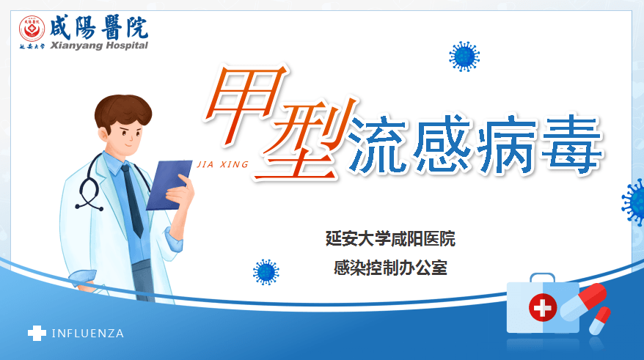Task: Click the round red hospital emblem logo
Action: click(32, 29)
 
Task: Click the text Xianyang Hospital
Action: click(99, 45)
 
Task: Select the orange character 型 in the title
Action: click(304, 139)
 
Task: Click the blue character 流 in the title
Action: click(378, 145)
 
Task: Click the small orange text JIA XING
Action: click(223, 165)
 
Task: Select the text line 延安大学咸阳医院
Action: click(390, 238)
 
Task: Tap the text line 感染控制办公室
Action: click(390, 268)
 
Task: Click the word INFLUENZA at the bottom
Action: click(88, 334)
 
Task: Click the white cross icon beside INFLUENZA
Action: click(37, 333)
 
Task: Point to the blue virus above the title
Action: click(464, 56)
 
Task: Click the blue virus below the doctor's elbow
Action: click(266, 272)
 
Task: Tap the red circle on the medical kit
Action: click(543, 307)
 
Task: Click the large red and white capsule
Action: click(583, 301)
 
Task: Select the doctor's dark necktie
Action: click(132, 200)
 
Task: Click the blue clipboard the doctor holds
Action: click(169, 185)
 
